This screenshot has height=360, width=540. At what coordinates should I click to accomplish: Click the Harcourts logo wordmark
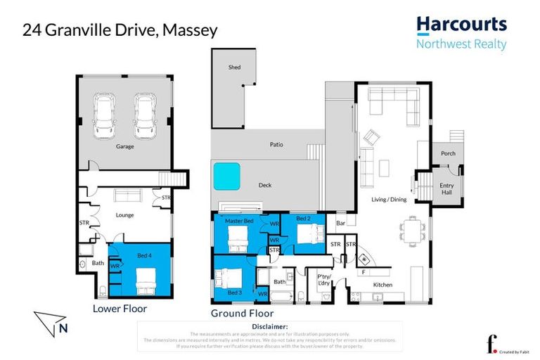(x=461, y=25)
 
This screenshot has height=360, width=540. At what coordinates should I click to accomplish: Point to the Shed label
(x=234, y=67)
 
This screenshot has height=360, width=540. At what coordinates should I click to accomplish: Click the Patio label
(x=276, y=144)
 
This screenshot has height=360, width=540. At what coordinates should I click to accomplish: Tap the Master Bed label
(x=238, y=221)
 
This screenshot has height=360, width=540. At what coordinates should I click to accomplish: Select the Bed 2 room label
(x=303, y=219)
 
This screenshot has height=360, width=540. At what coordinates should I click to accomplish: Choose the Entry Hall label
(x=446, y=188)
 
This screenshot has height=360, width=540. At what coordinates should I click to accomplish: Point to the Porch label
(x=447, y=153)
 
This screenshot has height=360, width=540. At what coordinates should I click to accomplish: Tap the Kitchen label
(x=382, y=284)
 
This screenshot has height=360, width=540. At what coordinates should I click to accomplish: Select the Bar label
(x=340, y=224)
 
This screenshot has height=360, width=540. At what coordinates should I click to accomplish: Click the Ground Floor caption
(x=242, y=313)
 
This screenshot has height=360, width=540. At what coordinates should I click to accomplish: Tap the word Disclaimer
(x=269, y=327)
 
